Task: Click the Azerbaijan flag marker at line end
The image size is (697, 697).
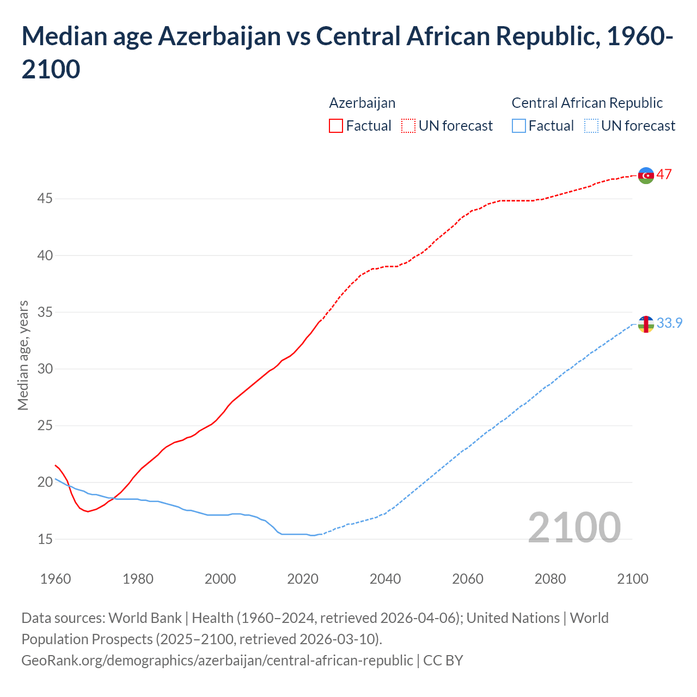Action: (646, 175)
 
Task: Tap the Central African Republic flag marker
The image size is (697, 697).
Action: (646, 324)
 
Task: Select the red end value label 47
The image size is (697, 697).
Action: (664, 175)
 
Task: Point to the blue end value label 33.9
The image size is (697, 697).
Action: (669, 323)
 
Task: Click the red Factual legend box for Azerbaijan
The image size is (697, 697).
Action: (336, 126)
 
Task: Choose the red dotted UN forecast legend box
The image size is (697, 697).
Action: (408, 126)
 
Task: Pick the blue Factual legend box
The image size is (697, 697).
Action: (519, 126)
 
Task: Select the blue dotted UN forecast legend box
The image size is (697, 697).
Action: (591, 126)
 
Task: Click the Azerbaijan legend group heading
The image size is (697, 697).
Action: (362, 103)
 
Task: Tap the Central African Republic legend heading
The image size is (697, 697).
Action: (587, 103)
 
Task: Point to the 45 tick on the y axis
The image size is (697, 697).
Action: (45, 199)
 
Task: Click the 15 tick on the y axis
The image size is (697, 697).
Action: (45, 539)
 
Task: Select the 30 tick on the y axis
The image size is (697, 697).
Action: (45, 369)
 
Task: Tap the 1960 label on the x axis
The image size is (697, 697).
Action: (56, 579)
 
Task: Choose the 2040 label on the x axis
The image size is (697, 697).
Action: (385, 579)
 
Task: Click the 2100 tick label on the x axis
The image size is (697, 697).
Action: (632, 579)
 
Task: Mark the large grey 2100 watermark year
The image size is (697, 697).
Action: (574, 528)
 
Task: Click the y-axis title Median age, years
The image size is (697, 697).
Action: (23, 355)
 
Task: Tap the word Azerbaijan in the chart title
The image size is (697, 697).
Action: (219, 36)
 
